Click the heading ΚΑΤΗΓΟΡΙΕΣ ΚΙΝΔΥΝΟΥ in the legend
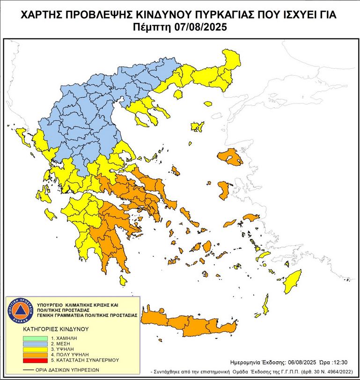click(56, 329)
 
